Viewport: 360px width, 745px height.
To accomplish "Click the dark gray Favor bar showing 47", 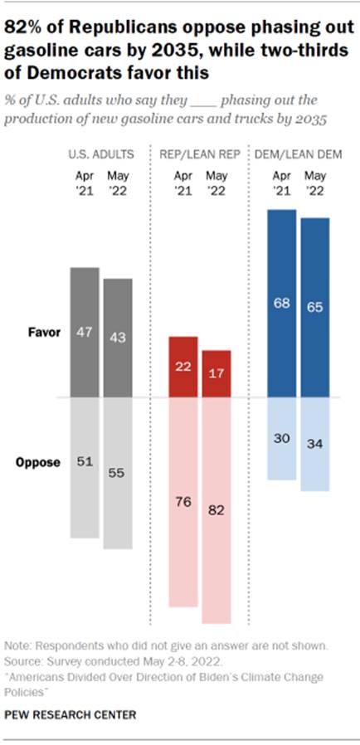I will (85, 332).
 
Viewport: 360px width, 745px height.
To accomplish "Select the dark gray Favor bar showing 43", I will (117, 338).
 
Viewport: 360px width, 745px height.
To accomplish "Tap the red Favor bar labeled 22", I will (183, 367).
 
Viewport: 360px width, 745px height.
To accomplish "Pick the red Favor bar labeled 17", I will (216, 373).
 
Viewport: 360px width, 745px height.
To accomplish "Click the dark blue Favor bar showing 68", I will (282, 303).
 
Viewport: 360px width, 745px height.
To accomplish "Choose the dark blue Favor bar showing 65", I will (314, 307).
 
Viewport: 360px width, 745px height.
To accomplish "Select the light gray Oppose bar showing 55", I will (117, 473).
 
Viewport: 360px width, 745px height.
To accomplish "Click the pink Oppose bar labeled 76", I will (183, 502).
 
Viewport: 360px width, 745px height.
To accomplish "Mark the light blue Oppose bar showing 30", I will (282, 438).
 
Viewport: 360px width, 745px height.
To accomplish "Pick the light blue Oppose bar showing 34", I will (314, 445).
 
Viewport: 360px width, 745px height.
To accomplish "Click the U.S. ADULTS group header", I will (101, 155).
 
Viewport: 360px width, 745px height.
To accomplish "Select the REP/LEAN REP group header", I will (200, 155).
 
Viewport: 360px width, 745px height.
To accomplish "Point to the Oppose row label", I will (37, 462).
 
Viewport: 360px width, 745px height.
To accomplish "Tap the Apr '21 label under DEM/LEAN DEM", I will (282, 183).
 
